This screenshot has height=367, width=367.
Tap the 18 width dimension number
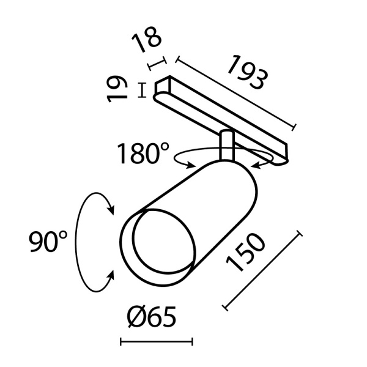tap(147, 41)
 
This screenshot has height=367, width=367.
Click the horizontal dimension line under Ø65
tap(156, 341)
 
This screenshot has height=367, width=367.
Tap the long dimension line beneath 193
tap(236, 94)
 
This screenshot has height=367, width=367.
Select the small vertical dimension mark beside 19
tap(142, 91)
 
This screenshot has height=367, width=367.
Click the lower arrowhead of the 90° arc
tap(110, 276)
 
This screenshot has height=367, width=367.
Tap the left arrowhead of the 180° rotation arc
tap(191, 164)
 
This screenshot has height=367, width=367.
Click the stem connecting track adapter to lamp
tap(226, 147)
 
